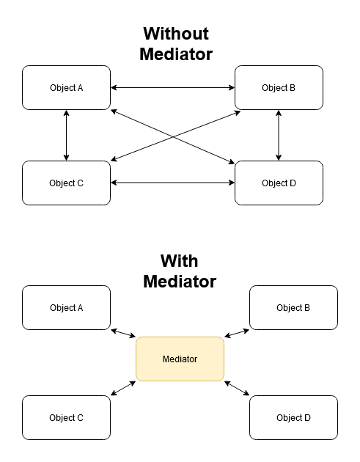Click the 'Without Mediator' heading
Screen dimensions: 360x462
[176, 44]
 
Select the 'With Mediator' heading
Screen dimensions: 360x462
[180, 271]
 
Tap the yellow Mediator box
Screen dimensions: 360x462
[180, 359]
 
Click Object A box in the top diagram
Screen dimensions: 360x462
[66, 87]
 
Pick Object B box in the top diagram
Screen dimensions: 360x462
[279, 87]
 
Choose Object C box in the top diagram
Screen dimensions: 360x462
[66, 183]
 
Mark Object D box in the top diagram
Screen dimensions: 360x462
[279, 183]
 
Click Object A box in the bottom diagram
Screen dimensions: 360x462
[66, 307]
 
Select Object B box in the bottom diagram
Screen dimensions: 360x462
[293, 307]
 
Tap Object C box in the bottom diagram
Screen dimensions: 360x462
[66, 417]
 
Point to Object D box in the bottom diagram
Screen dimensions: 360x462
[293, 417]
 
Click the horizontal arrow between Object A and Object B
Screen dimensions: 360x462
[172, 87]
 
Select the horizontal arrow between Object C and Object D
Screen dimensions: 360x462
[172, 183]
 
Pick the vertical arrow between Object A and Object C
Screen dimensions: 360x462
[66, 135]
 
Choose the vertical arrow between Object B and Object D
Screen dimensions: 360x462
[279, 135]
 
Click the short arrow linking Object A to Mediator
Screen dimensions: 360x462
[123, 333]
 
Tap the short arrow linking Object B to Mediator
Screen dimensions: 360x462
[237, 333]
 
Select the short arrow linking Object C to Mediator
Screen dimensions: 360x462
[123, 388]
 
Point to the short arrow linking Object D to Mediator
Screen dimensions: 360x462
[237, 388]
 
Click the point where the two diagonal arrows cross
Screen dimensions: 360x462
[173, 136]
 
